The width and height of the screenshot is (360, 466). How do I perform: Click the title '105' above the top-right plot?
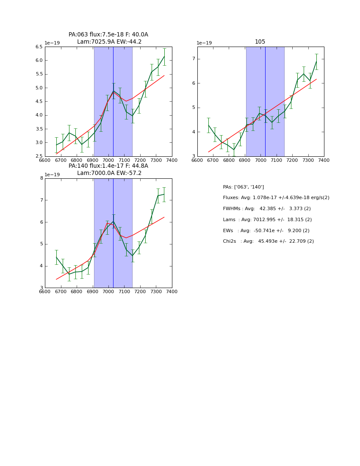tap(260, 42)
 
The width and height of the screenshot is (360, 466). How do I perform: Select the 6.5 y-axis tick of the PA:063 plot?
tap(39, 47)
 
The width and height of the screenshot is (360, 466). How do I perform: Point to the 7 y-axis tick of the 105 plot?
tap(193, 59)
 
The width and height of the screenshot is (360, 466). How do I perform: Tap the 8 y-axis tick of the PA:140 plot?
tap(41, 178)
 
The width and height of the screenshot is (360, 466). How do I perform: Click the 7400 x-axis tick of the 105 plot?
tap(324, 160)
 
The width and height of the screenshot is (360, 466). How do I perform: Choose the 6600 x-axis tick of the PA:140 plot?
tap(45, 291)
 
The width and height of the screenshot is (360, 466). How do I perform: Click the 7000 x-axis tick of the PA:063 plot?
tap(108, 160)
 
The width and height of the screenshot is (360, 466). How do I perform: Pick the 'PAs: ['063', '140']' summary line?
tap(243, 187)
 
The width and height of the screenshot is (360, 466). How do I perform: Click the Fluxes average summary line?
tap(276, 198)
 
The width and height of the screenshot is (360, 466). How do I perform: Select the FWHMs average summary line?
tap(266, 209)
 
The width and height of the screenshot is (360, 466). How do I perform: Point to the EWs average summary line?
tap(266, 231)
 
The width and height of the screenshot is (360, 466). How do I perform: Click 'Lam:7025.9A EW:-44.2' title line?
tap(109, 42)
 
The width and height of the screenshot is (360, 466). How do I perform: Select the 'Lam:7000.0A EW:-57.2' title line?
tap(109, 173)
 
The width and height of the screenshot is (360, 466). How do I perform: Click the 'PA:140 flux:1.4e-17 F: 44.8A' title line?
tap(108, 166)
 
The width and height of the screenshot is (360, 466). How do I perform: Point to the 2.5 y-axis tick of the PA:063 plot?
tap(39, 156)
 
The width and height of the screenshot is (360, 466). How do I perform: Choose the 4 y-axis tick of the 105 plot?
tap(193, 132)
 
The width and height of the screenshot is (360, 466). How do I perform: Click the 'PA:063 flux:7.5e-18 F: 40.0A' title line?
tap(108, 35)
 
